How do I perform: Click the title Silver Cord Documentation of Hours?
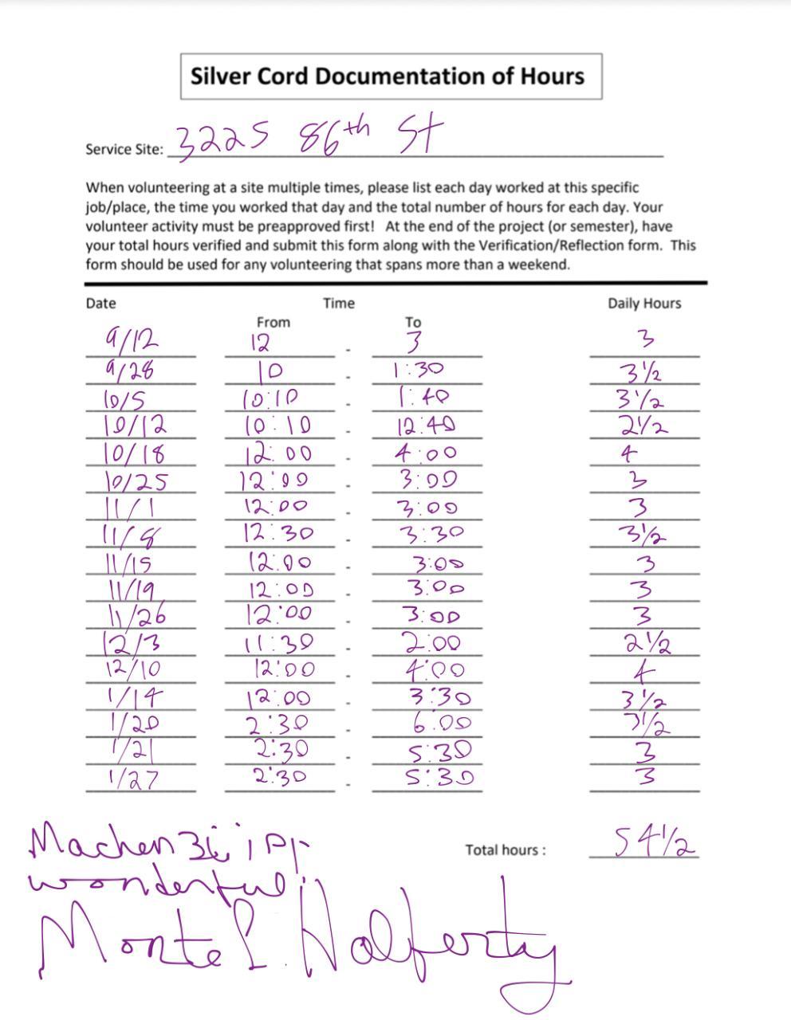pos(388,76)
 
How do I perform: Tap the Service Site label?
pos(124,149)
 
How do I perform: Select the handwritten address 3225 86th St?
pos(306,139)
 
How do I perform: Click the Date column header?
pos(100,304)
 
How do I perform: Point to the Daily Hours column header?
pos(644,304)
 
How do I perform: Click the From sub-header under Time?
pos(273,323)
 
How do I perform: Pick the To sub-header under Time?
pos(412,323)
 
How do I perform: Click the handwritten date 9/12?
pos(131,341)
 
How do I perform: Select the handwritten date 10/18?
pos(133,453)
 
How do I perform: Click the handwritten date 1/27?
pos(132,779)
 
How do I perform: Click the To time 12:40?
pos(427,426)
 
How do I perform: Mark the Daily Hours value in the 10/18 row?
pos(629,453)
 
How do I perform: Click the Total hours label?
pos(506,850)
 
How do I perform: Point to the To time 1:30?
pos(420,370)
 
